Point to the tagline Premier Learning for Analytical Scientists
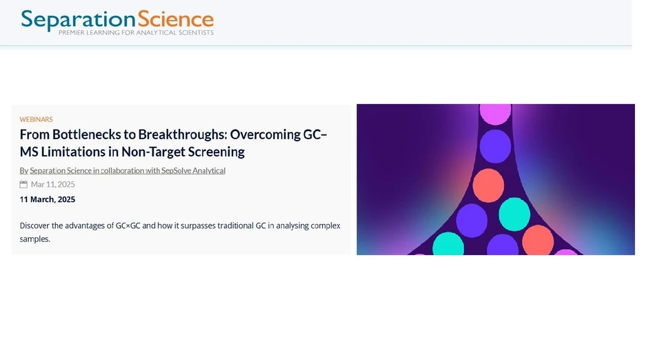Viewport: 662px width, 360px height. [136, 32]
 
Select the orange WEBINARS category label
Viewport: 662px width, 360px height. [36, 119]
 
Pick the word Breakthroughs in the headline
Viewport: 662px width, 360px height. [183, 134]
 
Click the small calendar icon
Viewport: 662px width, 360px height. [23, 185]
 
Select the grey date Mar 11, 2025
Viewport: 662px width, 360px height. [53, 185]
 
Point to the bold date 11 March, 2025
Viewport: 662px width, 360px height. [48, 199]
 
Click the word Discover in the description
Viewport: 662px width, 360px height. [37, 226]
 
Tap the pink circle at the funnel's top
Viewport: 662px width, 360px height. [495, 112]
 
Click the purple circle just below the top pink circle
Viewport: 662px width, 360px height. [495, 146]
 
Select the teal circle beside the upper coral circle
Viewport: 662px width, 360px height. [514, 214]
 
